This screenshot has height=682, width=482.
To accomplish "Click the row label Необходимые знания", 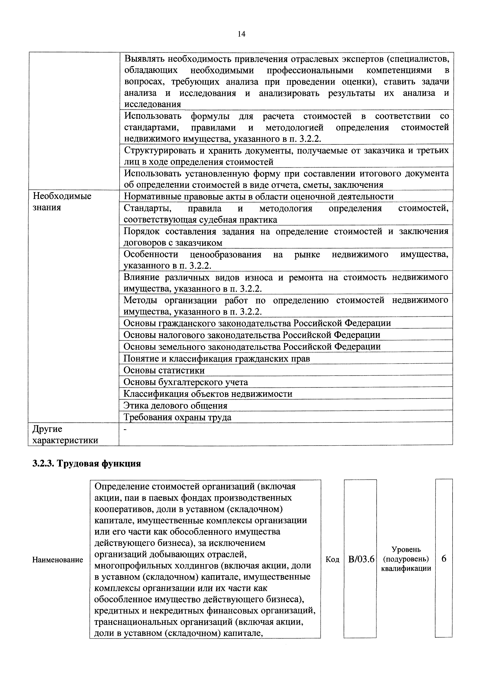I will click(x=62, y=202).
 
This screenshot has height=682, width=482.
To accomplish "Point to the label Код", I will click(x=332, y=559).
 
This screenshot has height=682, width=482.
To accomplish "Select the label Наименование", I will click(x=58, y=560).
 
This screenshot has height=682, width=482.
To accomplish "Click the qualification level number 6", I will click(x=444, y=559).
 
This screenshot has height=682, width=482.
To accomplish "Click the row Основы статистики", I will click(x=164, y=370).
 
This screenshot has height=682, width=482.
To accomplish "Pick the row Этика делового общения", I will click(x=175, y=405).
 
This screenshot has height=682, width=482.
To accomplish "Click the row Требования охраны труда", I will click(x=177, y=417).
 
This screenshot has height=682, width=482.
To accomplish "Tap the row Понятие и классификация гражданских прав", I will click(x=217, y=359).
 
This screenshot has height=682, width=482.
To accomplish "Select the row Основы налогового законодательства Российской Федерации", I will click(x=252, y=335).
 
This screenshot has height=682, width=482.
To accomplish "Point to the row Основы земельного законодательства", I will click(x=252, y=347).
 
